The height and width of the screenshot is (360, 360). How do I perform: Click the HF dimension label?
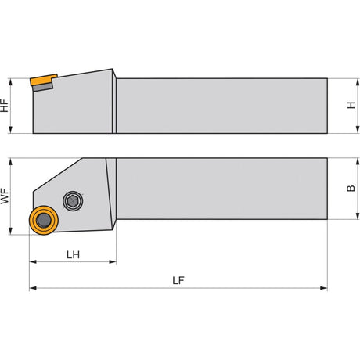point(4,106)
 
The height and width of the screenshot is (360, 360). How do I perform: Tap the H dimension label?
point(351,105)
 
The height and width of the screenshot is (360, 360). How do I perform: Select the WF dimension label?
point(5,196)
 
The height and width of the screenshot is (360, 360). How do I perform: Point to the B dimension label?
point(351,188)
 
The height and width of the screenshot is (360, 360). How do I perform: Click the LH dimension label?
point(73,254)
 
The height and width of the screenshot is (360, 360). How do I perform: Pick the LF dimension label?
point(178,280)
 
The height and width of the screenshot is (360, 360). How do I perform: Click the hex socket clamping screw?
point(73,201)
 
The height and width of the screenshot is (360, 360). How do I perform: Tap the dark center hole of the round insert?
point(43,221)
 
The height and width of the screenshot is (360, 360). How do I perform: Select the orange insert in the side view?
point(44,80)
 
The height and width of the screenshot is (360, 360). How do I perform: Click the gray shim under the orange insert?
point(43,87)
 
